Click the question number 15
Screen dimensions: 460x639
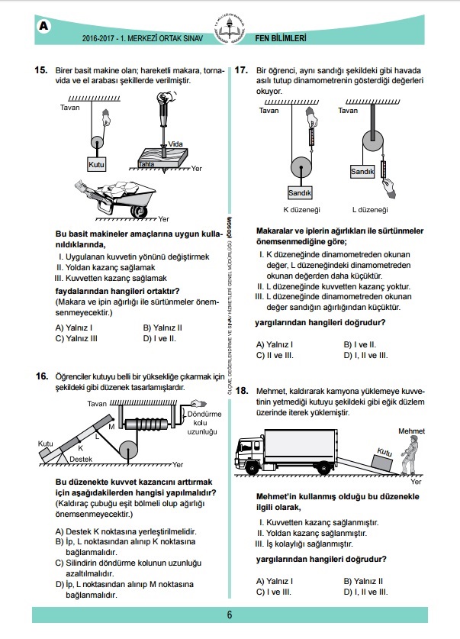pyautogui.click(x=41, y=70)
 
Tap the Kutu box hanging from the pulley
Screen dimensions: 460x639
pyautogui.click(x=96, y=164)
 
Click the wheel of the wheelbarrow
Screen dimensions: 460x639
pyautogui.click(x=138, y=211)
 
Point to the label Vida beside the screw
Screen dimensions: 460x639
pyautogui.click(x=175, y=144)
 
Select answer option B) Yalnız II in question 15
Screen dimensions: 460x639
pyautogui.click(x=162, y=328)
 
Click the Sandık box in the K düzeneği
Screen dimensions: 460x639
pyautogui.click(x=300, y=192)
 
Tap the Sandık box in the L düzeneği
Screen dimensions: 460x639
pyautogui.click(x=362, y=172)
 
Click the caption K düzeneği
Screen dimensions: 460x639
pyautogui.click(x=301, y=210)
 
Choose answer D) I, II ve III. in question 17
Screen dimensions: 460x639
pyautogui.click(x=365, y=355)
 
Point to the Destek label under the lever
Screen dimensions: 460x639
pyautogui.click(x=81, y=459)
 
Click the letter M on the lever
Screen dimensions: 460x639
pyautogui.click(x=111, y=427)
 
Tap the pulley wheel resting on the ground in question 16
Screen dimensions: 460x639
pyautogui.click(x=129, y=451)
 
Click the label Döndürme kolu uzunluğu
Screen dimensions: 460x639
pyautogui.click(x=204, y=423)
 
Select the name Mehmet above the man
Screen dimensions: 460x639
pyautogui.click(x=411, y=431)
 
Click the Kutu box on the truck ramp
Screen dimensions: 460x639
pyautogui.click(x=382, y=459)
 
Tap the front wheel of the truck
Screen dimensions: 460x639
pyautogui.click(x=252, y=467)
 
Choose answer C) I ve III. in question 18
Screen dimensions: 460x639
pyautogui.click(x=274, y=592)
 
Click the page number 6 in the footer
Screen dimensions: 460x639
pyautogui.click(x=230, y=615)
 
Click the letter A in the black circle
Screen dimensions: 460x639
pyautogui.click(x=43, y=27)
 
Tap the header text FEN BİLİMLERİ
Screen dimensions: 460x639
pyautogui.click(x=281, y=38)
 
